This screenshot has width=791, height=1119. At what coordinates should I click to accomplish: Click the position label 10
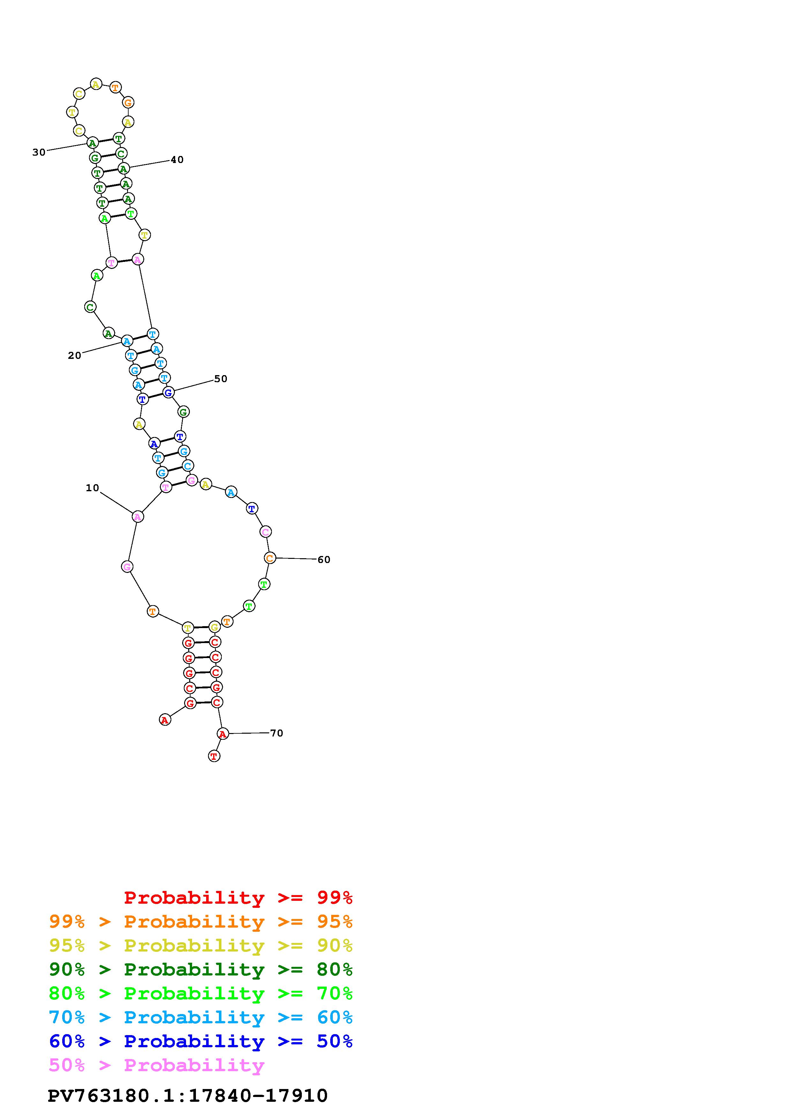coord(92,488)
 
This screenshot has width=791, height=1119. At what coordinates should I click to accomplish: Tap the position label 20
coord(75,356)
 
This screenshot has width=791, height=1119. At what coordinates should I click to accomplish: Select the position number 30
coord(39,152)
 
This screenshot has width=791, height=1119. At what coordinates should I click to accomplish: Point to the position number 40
coord(177,160)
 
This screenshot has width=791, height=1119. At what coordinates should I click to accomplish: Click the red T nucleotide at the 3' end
coord(214,756)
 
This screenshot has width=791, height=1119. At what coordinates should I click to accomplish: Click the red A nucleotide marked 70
coord(222,733)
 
